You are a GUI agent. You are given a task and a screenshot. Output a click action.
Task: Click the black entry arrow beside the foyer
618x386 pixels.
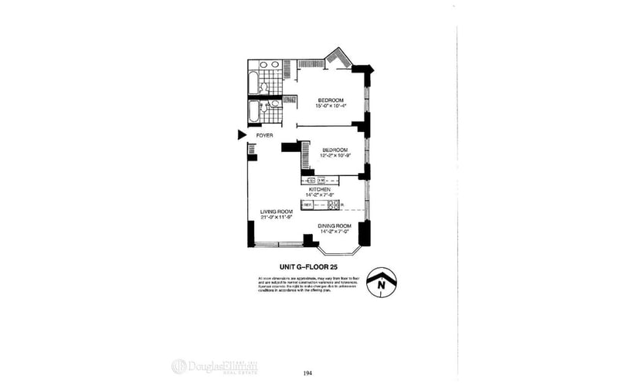[x=241, y=135]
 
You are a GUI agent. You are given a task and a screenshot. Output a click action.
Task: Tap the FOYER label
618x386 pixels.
[x=265, y=136]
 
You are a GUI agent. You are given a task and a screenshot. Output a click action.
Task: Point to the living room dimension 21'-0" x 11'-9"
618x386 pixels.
[x=277, y=218]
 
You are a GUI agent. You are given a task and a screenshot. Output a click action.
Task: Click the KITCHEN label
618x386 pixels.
[x=320, y=189]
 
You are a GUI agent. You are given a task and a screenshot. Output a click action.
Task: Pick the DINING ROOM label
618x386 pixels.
[x=335, y=225]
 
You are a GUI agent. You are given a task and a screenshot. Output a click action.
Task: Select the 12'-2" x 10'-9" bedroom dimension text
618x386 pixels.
[x=329, y=156]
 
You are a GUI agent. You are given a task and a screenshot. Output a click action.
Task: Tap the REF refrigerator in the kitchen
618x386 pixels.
[x=307, y=205]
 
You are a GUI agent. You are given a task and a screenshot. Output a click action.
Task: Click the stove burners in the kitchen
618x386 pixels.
[x=334, y=205]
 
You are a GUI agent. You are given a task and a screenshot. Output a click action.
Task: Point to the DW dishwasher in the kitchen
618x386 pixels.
[x=321, y=181]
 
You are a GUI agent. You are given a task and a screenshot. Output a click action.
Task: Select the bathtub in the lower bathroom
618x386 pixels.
[x=254, y=113]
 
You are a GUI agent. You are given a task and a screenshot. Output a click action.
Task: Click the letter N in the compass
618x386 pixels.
[x=381, y=284]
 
